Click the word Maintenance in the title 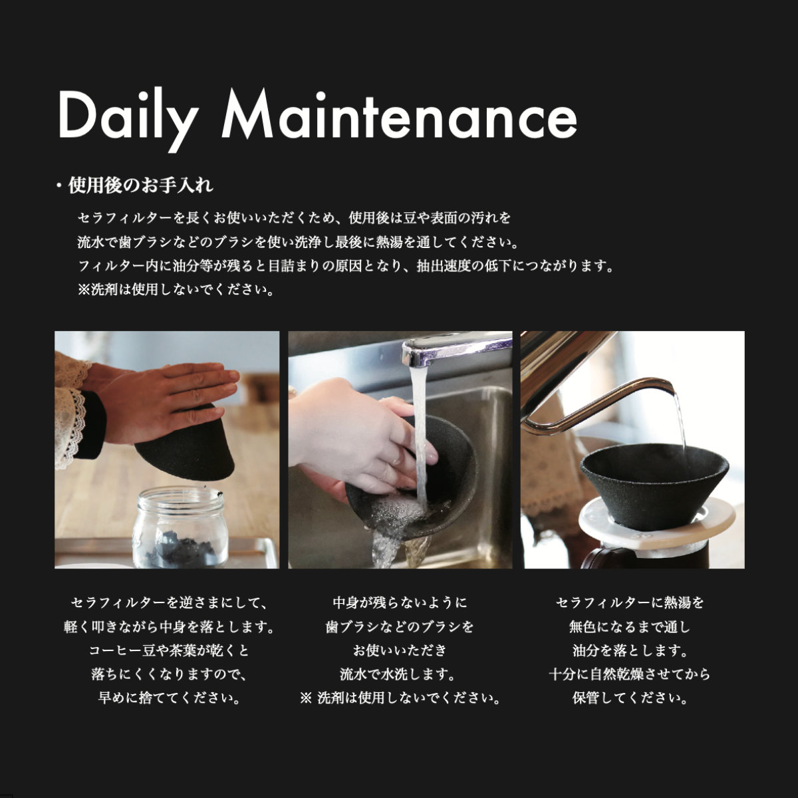[399, 116]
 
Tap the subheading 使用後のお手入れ [140, 186]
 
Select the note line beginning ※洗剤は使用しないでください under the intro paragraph [176, 290]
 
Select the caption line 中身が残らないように [400, 603]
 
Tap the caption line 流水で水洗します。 [400, 674]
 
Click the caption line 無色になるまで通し [629, 627]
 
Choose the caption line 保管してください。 [629, 698]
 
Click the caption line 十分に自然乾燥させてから [629, 674]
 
